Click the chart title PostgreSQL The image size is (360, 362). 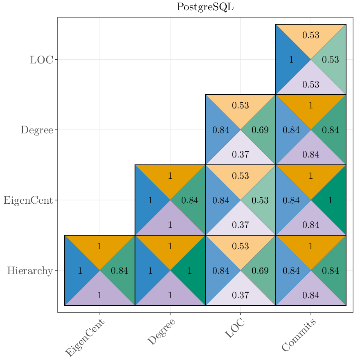pyautogui.click(x=205, y=7)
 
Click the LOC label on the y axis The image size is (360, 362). pyautogui.click(x=41, y=60)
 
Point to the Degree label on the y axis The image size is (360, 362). pyautogui.click(x=37, y=130)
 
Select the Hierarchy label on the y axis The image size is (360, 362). pyautogui.click(x=30, y=271)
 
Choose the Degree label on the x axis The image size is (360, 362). pyautogui.click(x=161, y=332)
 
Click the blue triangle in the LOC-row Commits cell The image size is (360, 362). pyautogui.click(x=289, y=60)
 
